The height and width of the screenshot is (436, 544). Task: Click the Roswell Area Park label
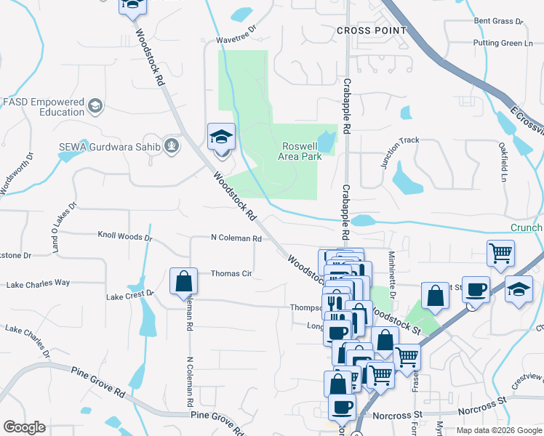point(301,150)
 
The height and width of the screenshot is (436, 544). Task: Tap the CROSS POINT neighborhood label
point(370,31)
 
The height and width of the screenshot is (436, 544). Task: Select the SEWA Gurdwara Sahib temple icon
point(170,146)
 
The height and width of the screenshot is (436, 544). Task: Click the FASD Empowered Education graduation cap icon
point(94,108)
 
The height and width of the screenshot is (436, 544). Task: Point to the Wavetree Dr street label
point(236,40)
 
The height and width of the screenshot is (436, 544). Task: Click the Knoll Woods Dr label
point(125,237)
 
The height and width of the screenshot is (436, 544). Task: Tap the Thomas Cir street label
point(231,274)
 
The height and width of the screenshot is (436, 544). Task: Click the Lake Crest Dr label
point(130,296)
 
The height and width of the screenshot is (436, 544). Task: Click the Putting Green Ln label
point(503,44)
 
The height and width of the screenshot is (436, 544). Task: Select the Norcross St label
point(397,415)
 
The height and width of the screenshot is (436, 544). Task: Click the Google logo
point(24,427)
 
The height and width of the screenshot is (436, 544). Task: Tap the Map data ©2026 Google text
point(498,430)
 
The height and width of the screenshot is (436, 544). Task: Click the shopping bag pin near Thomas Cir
point(183,281)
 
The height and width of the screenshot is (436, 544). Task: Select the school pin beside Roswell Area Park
point(221,137)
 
